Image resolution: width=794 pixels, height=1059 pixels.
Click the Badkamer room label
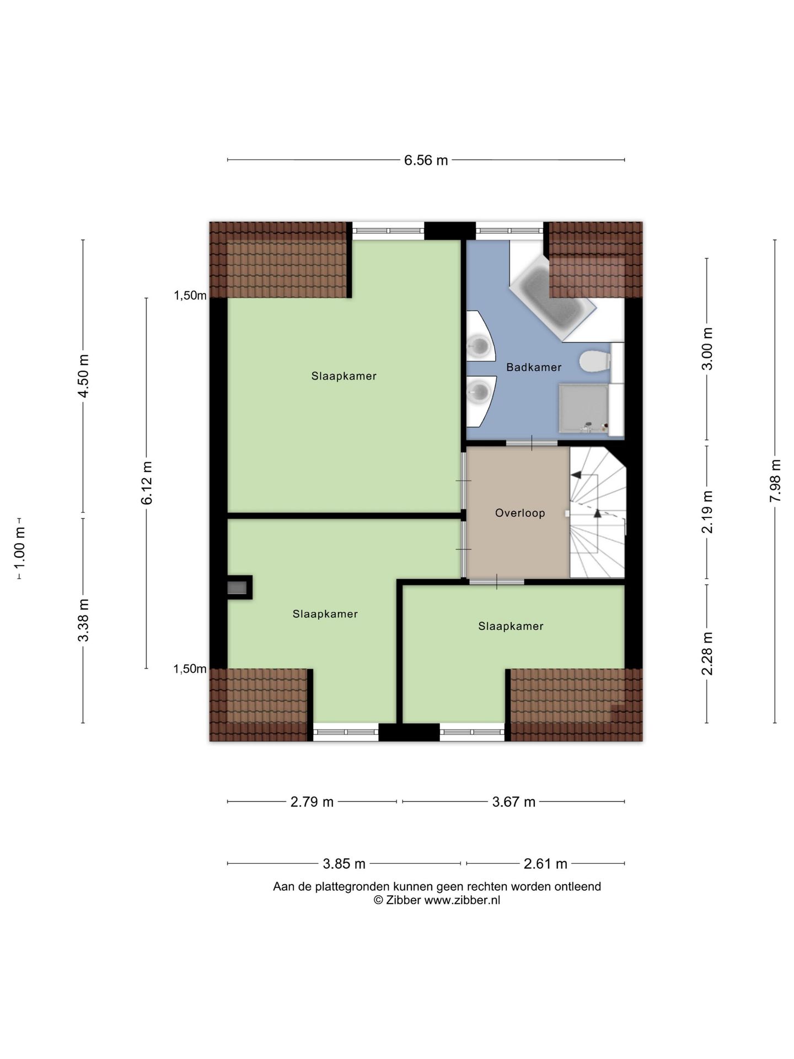point(534,367)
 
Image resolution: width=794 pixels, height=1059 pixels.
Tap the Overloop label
point(520,513)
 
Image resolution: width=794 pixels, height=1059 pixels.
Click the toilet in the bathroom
point(595,362)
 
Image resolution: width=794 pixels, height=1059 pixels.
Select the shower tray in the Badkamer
point(583,409)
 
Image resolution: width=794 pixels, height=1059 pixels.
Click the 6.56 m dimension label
point(426,161)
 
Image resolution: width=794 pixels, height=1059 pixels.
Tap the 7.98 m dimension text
point(775,480)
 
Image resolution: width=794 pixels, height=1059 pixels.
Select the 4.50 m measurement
point(83,376)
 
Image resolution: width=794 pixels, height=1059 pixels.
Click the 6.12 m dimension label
point(147,483)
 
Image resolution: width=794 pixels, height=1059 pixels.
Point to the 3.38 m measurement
point(83,621)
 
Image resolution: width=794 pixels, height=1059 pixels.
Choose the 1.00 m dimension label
point(20,549)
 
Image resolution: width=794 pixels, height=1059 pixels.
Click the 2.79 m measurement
point(312,802)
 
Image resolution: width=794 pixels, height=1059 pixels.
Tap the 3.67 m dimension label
point(514,802)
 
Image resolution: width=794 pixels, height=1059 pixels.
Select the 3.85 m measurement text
point(344,864)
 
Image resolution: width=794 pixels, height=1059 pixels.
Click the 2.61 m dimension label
point(545,864)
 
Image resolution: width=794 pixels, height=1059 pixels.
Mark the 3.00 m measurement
point(707,349)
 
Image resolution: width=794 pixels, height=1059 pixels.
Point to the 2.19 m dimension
point(707,512)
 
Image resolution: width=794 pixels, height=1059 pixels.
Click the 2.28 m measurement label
point(707,654)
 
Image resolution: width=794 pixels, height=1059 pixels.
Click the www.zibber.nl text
point(462,900)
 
